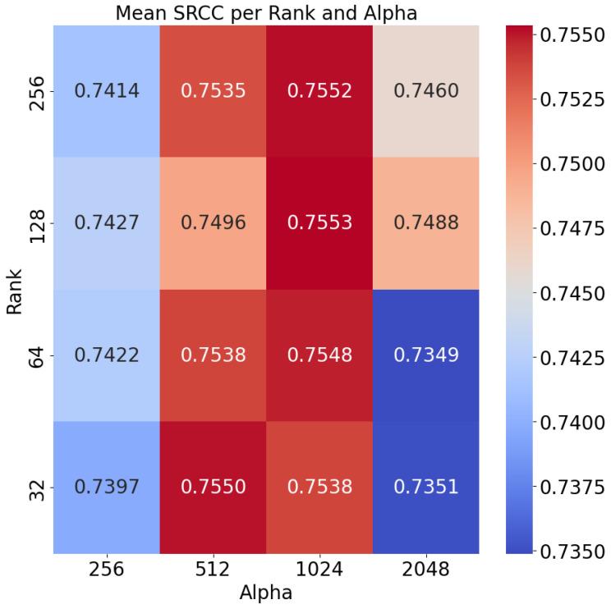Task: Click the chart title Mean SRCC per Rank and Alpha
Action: coord(266,13)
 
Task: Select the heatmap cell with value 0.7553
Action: coord(319,223)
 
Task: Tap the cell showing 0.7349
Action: coord(426,355)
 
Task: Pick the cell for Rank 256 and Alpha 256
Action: coord(107,91)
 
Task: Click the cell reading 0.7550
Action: coord(214,488)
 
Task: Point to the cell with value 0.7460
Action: coord(426,91)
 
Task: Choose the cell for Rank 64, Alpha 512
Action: coord(214,355)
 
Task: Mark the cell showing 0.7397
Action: coord(107,488)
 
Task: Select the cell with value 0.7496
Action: coord(214,223)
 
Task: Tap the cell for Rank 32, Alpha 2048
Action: coord(426,488)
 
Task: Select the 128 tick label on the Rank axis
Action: coord(34,223)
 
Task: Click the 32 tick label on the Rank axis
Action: coord(34,488)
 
